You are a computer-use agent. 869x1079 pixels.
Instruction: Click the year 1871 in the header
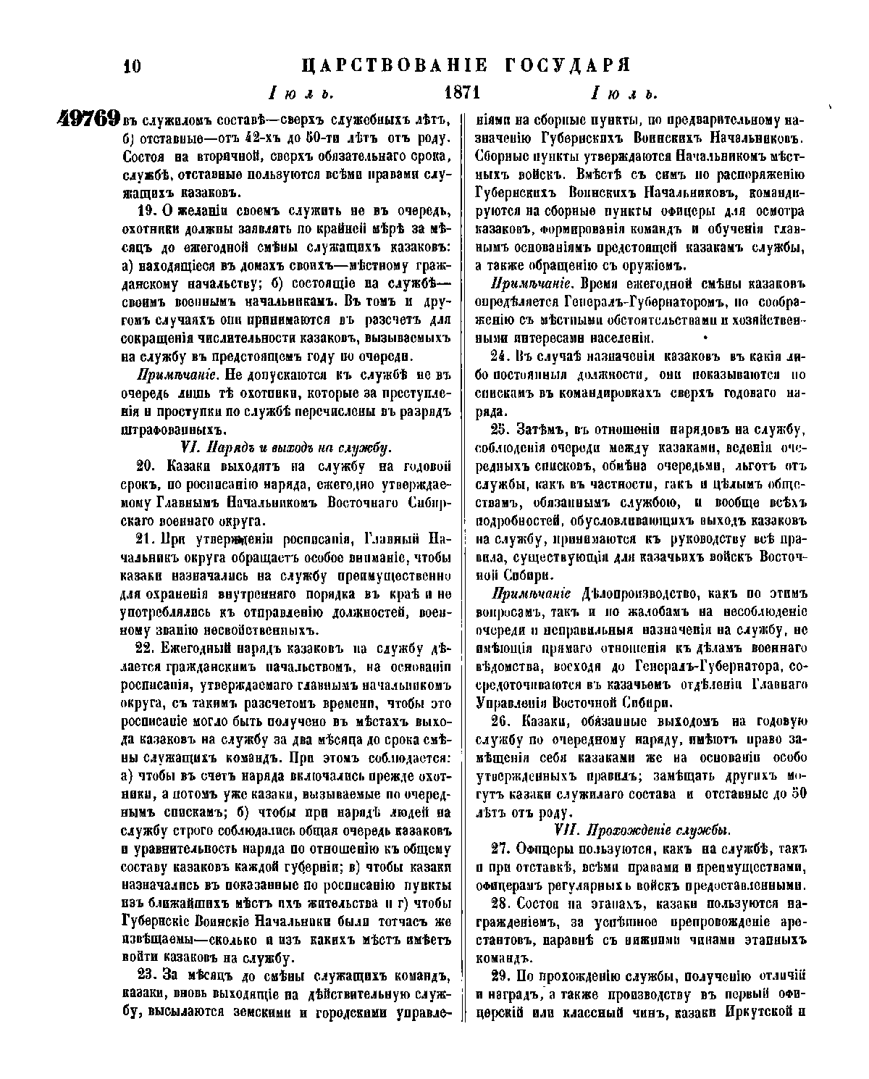462,93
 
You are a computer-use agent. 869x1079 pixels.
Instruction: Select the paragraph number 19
145,211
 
